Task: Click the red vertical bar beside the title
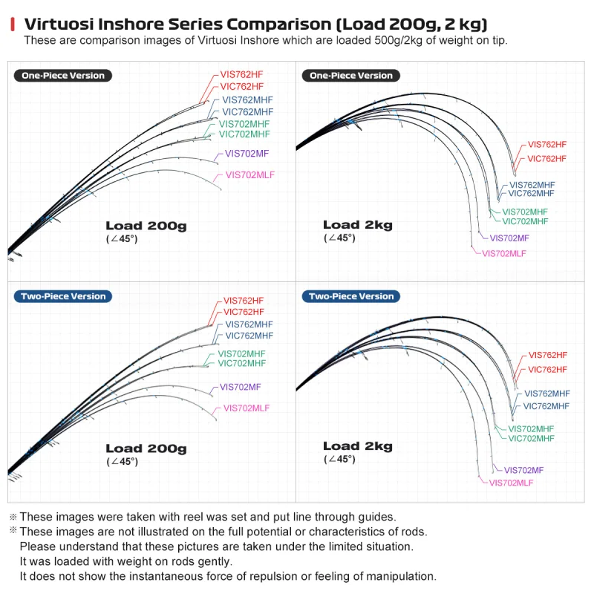[x=13, y=24]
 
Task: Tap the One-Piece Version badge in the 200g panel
[x=63, y=76]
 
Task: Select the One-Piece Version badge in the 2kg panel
[x=350, y=76]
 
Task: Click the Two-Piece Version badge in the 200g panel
[x=63, y=296]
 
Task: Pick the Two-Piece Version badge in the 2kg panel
[x=350, y=296]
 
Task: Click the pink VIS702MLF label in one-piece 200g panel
[x=250, y=175]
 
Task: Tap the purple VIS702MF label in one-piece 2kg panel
[x=509, y=238]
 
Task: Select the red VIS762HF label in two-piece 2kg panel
[x=548, y=355]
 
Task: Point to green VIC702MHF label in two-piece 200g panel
[x=242, y=363]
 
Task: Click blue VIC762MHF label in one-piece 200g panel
[x=247, y=112]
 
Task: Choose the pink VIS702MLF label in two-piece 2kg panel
[x=511, y=483]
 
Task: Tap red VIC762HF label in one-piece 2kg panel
[x=546, y=159]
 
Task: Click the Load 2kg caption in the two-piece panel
[x=358, y=446]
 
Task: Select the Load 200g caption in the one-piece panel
[x=146, y=226]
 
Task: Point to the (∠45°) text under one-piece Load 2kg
[x=339, y=238]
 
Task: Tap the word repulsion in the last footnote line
[x=272, y=576]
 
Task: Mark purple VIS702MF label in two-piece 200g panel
[x=240, y=387]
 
